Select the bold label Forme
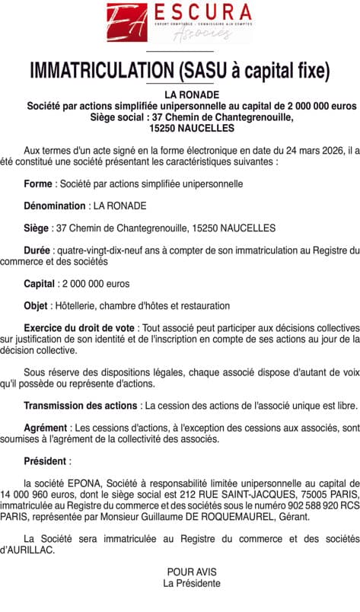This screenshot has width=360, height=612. [x=38, y=183]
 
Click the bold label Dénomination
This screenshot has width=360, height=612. [x=55, y=206]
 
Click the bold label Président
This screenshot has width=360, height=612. [x=46, y=461]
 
